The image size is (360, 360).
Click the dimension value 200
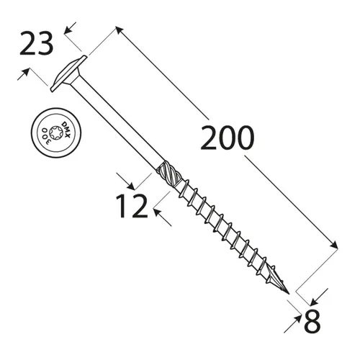[227, 138]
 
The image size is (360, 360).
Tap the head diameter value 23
[35, 45]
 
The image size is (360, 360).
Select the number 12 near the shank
[132, 206]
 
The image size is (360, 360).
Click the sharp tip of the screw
[289, 293]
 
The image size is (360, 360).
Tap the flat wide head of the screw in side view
[69, 73]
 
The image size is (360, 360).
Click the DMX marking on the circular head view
[66, 128]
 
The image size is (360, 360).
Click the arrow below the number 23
[27, 73]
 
